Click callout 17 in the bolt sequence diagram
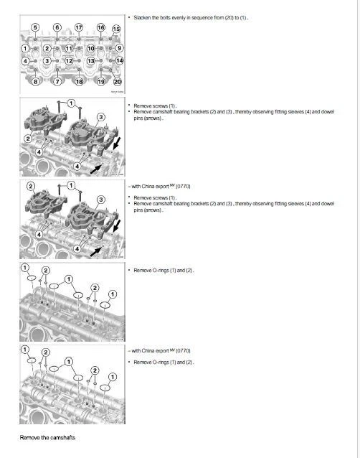(x=79, y=27)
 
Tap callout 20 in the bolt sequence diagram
(x=118, y=82)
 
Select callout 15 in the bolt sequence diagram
(x=117, y=29)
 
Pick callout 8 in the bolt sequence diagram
(x=35, y=82)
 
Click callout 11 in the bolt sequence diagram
(x=70, y=48)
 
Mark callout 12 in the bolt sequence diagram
(x=70, y=61)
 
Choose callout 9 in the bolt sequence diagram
(x=119, y=48)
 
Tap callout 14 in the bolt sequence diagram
(x=119, y=61)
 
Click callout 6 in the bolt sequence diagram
(x=57, y=27)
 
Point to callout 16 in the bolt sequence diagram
(x=100, y=27)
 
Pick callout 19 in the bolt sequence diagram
(x=101, y=82)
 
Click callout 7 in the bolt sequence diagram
(x=57, y=82)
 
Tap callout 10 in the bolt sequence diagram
(x=90, y=48)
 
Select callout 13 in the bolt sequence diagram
(x=91, y=61)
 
